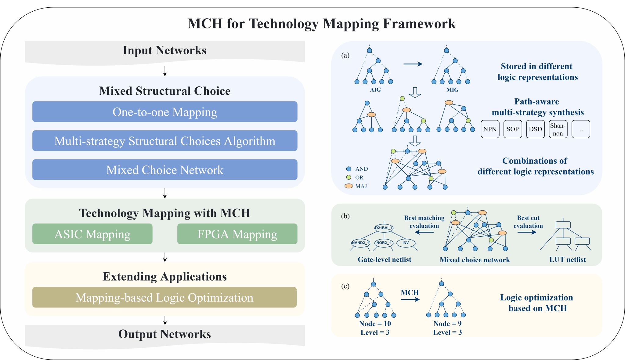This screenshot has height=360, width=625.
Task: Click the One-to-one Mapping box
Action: pos(165,112)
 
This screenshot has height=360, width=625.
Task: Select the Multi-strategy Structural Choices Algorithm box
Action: pos(165,141)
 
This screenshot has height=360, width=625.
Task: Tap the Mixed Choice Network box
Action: pos(165,170)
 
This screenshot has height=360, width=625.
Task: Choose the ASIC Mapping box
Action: pos(92,234)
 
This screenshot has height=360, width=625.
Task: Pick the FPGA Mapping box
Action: pos(237,234)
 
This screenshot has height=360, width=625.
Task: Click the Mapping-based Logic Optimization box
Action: pos(164,297)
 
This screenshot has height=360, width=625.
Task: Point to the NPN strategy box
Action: pos(490,129)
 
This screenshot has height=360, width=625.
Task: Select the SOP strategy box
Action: pos(513,129)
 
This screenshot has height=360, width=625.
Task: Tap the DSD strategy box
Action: pos(535,129)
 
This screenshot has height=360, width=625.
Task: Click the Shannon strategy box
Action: pos(558,129)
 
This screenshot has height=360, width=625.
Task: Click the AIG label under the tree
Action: pos(375,90)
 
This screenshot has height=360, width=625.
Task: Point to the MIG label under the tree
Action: pos(452,90)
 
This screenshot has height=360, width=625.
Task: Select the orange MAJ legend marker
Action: pos(349,186)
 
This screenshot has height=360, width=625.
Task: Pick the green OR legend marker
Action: pos(349,177)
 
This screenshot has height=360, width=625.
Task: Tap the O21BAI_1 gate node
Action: pos(384,228)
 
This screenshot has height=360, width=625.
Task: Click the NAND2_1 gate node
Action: pos(360,243)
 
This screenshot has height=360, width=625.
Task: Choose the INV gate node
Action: pos(406,243)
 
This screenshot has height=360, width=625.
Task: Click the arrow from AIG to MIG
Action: pos(413,64)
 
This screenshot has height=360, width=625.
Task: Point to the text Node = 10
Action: pos(375,324)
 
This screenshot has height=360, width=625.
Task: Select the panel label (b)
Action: pos(345,216)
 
